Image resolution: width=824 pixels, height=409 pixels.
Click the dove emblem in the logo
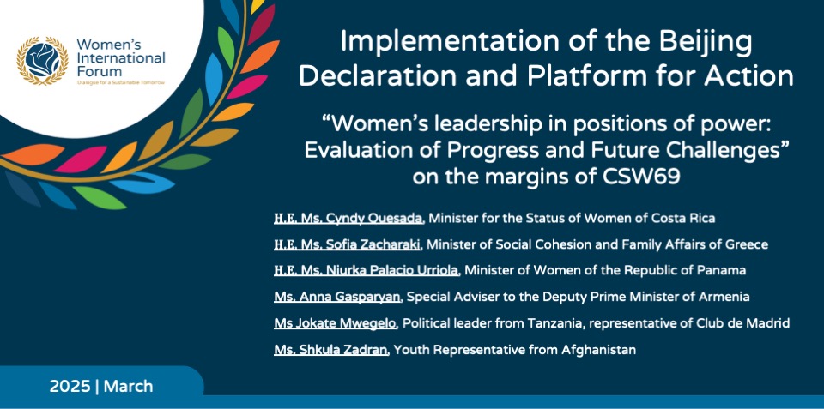pos(42,60)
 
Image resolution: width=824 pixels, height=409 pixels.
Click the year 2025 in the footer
pos(70,387)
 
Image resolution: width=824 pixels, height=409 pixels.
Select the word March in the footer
pos(128,387)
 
